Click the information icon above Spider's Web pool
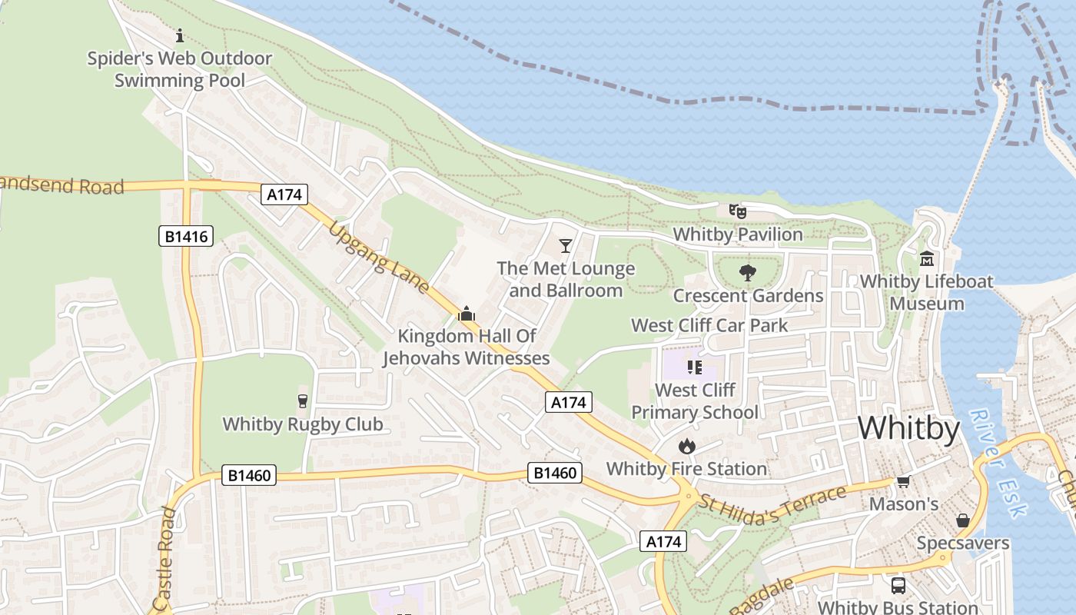(180, 35)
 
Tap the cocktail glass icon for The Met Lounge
(566, 246)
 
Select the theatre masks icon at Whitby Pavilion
(738, 211)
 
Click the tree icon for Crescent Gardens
(746, 272)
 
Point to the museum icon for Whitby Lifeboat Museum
(927, 258)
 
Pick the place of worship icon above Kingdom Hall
(466, 314)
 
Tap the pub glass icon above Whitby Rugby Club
(302, 401)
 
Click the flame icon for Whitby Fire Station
(686, 446)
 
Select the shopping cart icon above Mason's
(903, 482)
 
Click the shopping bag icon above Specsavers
(962, 520)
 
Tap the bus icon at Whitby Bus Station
(898, 585)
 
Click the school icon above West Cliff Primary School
(695, 367)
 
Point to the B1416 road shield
(187, 236)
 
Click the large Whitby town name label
(908, 428)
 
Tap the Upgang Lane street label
(380, 258)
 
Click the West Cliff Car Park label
(709, 325)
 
